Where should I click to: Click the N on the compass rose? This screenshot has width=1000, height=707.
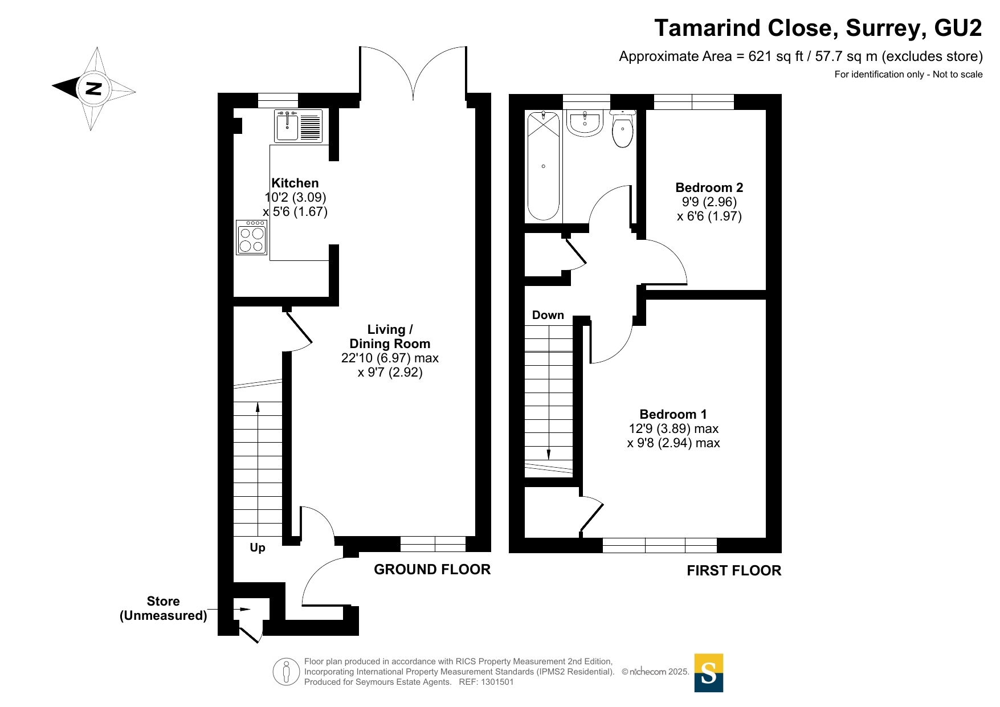pos(93,88)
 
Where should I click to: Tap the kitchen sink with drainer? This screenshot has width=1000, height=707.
pos(298,126)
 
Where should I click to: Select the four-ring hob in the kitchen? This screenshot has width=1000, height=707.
pos(251,238)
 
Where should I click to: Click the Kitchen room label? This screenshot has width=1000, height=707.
pos(295,183)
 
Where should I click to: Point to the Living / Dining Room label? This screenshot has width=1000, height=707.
pos(390,337)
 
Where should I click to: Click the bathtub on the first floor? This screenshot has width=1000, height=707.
pos(543,166)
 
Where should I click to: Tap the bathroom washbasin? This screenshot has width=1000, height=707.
pos(585,123)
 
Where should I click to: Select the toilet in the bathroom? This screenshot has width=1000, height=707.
pos(622,129)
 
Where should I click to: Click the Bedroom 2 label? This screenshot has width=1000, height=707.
pos(709,187)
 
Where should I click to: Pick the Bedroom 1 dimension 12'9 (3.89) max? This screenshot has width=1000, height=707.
pos(674,428)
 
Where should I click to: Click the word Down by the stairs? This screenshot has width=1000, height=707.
pos(548,315)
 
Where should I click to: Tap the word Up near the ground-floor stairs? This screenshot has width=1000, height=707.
pos(258,547)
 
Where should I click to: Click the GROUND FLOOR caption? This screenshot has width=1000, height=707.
pos(432,569)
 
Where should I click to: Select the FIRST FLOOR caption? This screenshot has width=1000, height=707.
pos(733,570)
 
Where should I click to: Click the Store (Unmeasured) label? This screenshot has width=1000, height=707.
pos(163,608)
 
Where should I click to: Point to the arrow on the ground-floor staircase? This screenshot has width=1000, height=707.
pos(258,408)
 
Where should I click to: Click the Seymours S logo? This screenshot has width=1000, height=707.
pos(708,673)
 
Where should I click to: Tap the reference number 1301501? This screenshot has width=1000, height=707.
pos(497,682)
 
